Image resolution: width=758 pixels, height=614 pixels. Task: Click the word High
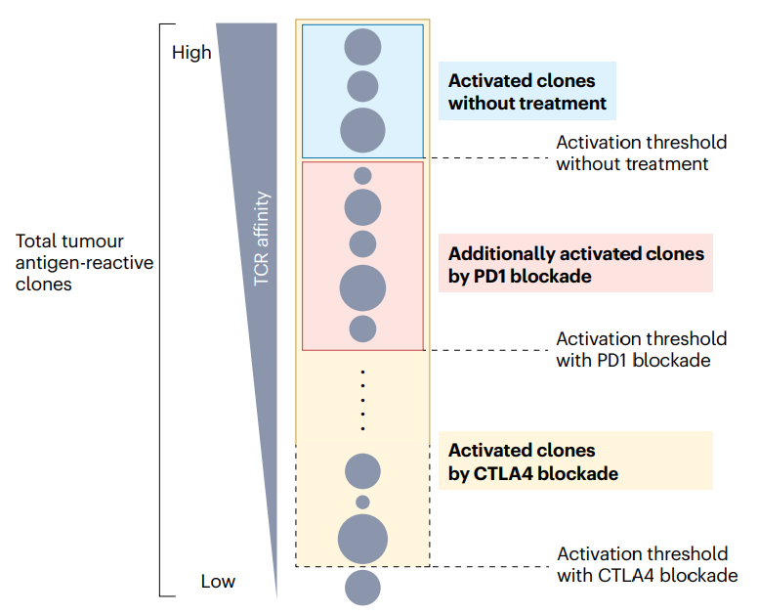tap(191, 53)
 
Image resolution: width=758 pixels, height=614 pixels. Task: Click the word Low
tap(218, 582)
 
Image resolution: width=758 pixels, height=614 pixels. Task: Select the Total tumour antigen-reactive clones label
tap(84, 262)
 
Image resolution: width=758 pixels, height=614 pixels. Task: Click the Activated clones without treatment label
tap(527, 92)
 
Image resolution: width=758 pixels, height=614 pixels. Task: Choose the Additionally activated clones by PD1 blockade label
tap(575, 264)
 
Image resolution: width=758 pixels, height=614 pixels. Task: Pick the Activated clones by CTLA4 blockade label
tap(532, 461)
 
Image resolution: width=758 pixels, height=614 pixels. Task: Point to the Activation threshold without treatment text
tap(641, 153)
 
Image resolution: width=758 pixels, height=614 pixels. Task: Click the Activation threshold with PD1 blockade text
tap(641, 349)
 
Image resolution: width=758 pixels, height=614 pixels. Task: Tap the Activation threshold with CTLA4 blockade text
tap(647, 565)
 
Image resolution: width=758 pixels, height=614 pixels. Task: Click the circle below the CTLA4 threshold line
tap(362, 587)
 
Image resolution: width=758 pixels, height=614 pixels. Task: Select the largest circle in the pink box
tap(362, 288)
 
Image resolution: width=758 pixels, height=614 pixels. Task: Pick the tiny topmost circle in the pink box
tap(362, 176)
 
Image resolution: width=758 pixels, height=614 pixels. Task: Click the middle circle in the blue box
tap(362, 86)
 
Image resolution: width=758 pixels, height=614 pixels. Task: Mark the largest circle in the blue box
tap(362, 130)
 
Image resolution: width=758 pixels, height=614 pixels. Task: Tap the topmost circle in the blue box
tap(362, 47)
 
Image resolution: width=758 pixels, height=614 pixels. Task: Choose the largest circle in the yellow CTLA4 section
tap(362, 539)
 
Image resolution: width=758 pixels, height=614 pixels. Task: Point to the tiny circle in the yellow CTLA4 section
tap(362, 502)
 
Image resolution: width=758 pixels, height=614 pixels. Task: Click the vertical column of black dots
tap(362, 400)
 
